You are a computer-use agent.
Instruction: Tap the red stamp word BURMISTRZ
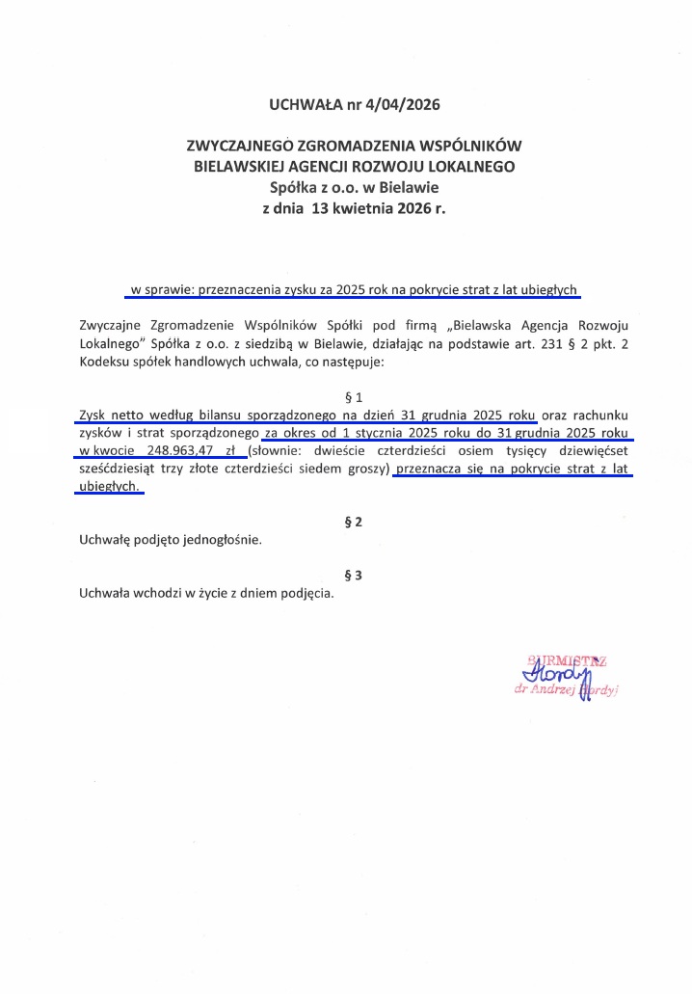pos(568,660)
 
